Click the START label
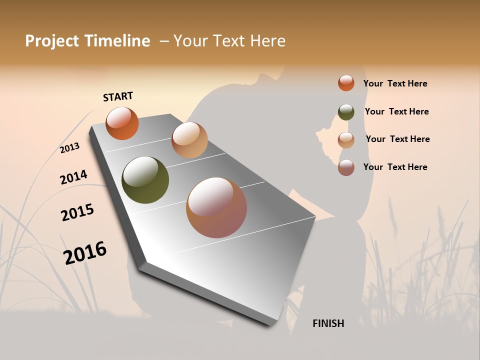pos(118,96)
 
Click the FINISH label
pos(328,323)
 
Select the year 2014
pos(73,177)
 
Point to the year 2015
pos(77,212)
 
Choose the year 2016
pos(85,253)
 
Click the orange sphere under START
pos(122,123)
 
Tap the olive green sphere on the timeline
pos(145,180)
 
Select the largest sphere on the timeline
pos(216,207)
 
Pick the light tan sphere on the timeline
pos(189,140)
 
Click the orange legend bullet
pos(346,83)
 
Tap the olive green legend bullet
pos(346,112)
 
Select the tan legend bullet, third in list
pos(346,140)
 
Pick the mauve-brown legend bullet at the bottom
pos(346,167)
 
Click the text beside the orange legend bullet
pos(395,83)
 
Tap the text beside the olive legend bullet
pos(396,111)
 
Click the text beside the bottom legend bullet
pos(395,167)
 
